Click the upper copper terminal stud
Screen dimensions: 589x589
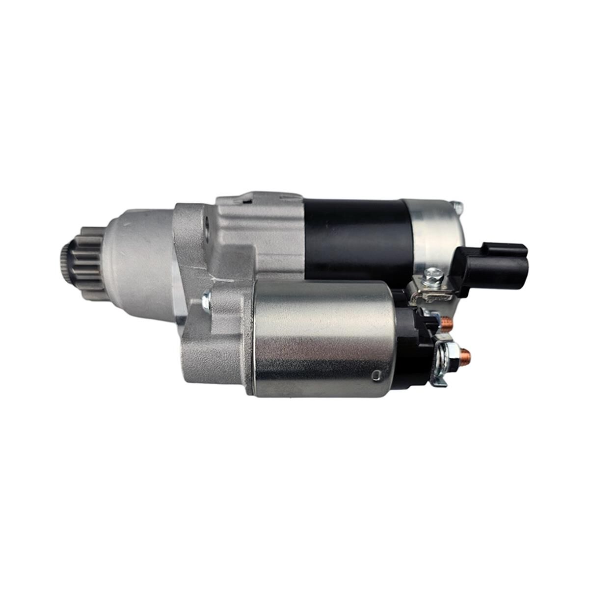[x=447, y=323]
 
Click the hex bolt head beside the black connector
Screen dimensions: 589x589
[x=435, y=278]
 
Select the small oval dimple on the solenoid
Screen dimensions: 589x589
[x=377, y=376]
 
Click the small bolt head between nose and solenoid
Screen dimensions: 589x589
[x=206, y=300]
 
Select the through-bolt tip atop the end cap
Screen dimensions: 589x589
[x=457, y=207]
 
